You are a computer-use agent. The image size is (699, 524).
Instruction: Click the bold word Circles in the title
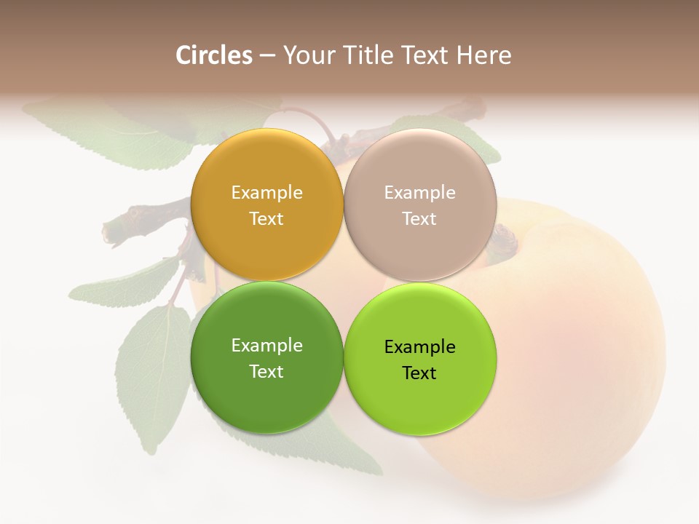213,55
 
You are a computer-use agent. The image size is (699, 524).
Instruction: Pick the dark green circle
266,397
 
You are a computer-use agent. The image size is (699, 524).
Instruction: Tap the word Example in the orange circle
266,193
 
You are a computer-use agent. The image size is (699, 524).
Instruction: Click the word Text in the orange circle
266,219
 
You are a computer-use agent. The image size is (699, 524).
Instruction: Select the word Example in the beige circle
419,193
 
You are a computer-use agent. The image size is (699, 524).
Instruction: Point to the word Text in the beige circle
419,219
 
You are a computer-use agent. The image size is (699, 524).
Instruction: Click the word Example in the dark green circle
266,346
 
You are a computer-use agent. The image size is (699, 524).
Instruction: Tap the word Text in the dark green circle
266,372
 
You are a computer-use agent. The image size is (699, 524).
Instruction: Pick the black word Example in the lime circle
419,347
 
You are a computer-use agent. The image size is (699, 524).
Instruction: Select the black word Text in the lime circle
419,373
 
